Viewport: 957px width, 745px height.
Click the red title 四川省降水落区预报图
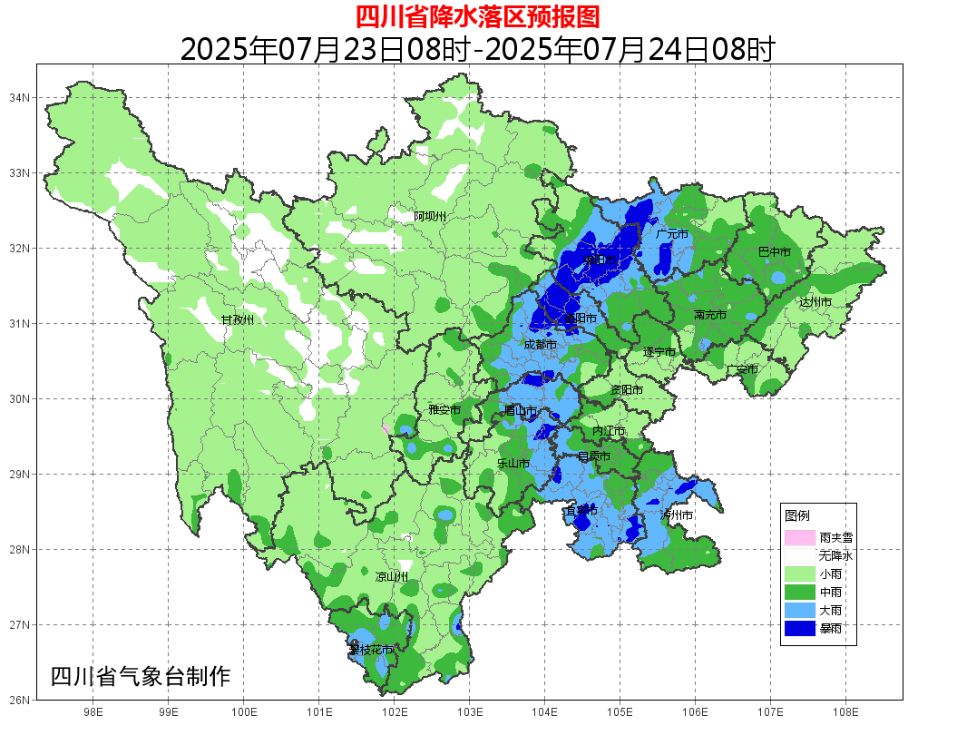(x=477, y=16)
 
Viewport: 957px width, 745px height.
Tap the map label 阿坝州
(x=430, y=216)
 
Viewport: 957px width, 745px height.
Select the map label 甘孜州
(x=238, y=319)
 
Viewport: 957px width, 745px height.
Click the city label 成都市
(x=540, y=345)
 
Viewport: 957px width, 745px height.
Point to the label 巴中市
(x=774, y=251)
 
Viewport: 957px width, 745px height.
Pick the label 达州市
(x=815, y=301)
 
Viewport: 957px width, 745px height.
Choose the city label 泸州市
(x=677, y=515)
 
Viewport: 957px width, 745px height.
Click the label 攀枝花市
(x=371, y=650)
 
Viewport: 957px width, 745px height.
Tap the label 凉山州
(x=392, y=576)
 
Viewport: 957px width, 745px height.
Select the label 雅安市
(x=444, y=410)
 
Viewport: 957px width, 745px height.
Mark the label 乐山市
(x=513, y=463)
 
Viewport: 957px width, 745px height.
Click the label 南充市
(x=709, y=315)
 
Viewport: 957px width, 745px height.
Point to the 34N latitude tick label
(x=20, y=97)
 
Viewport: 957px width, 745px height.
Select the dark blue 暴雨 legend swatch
(x=799, y=627)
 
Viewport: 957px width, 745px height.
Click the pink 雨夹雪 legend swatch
(x=799, y=537)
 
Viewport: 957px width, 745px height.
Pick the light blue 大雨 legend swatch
(x=799, y=609)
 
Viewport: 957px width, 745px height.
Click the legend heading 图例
(x=797, y=515)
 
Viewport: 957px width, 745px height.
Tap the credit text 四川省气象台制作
(x=141, y=676)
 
